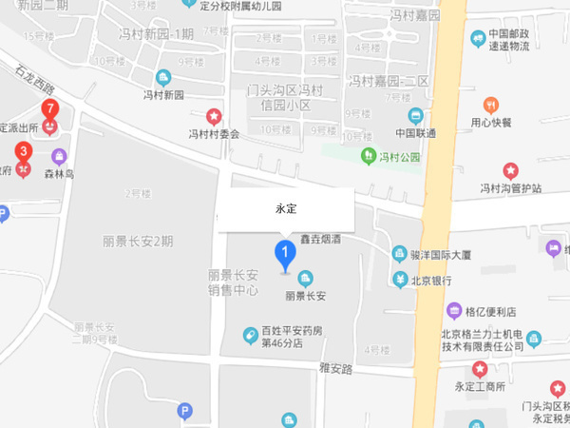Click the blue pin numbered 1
(x=283, y=254)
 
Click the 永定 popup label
(x=286, y=207)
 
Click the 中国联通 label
(x=415, y=133)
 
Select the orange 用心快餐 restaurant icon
(x=491, y=105)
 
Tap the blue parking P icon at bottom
(x=186, y=411)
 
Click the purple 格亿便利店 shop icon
(x=454, y=311)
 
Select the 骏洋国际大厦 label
(x=440, y=254)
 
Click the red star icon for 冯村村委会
(x=215, y=117)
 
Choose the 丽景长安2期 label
(x=139, y=241)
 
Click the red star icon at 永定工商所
(x=480, y=369)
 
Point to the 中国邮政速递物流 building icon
(x=478, y=38)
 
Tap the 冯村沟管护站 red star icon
(x=510, y=171)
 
